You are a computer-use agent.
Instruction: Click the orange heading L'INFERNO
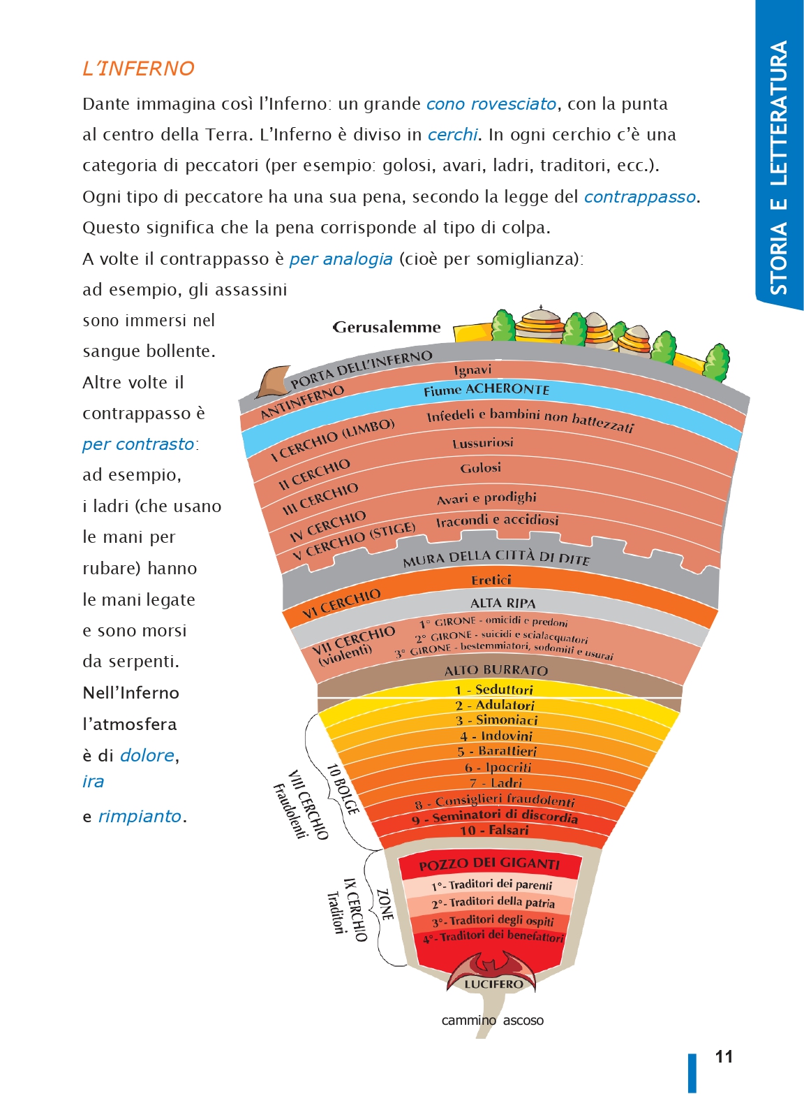139,68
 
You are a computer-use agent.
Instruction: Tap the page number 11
724,1056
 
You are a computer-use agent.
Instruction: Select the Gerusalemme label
387,327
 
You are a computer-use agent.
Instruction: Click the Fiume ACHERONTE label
486,389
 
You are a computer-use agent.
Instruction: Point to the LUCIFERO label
493,984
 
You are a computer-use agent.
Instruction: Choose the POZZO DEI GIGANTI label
489,863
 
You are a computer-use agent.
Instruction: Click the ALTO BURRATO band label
496,670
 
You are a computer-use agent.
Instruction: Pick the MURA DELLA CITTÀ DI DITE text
496,557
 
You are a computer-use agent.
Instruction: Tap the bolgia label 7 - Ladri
496,783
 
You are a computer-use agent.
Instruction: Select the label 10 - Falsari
494,830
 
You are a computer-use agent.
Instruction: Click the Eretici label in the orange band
491,580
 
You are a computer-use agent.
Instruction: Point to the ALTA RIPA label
503,603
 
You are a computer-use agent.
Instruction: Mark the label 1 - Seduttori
493,690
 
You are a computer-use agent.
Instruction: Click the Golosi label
481,468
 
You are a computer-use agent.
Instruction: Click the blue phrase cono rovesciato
491,104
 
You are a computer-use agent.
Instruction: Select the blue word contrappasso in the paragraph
639,197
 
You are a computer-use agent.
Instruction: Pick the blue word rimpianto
140,816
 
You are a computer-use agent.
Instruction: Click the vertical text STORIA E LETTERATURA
779,167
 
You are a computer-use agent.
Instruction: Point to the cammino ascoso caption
492,1020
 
